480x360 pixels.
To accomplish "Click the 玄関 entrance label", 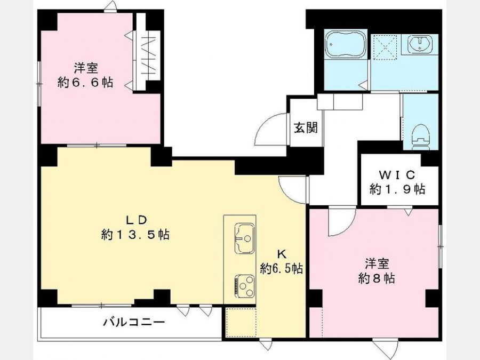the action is [x=306, y=127].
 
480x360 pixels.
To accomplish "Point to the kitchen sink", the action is [x=244, y=238].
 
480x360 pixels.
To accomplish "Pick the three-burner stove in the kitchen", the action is [x=244, y=286].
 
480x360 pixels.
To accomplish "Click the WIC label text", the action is [x=397, y=175].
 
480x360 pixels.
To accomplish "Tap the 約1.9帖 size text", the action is [x=397, y=189].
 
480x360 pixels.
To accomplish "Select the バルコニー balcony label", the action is [x=134, y=322].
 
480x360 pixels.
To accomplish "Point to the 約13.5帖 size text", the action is [x=135, y=235].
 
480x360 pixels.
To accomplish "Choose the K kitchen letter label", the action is [x=281, y=254].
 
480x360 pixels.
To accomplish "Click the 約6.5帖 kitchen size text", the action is [x=282, y=268].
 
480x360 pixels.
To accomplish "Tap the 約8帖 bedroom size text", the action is [x=377, y=278].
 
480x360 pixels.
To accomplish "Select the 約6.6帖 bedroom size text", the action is [x=85, y=82].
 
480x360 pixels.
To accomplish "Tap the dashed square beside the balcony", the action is [x=241, y=323].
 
